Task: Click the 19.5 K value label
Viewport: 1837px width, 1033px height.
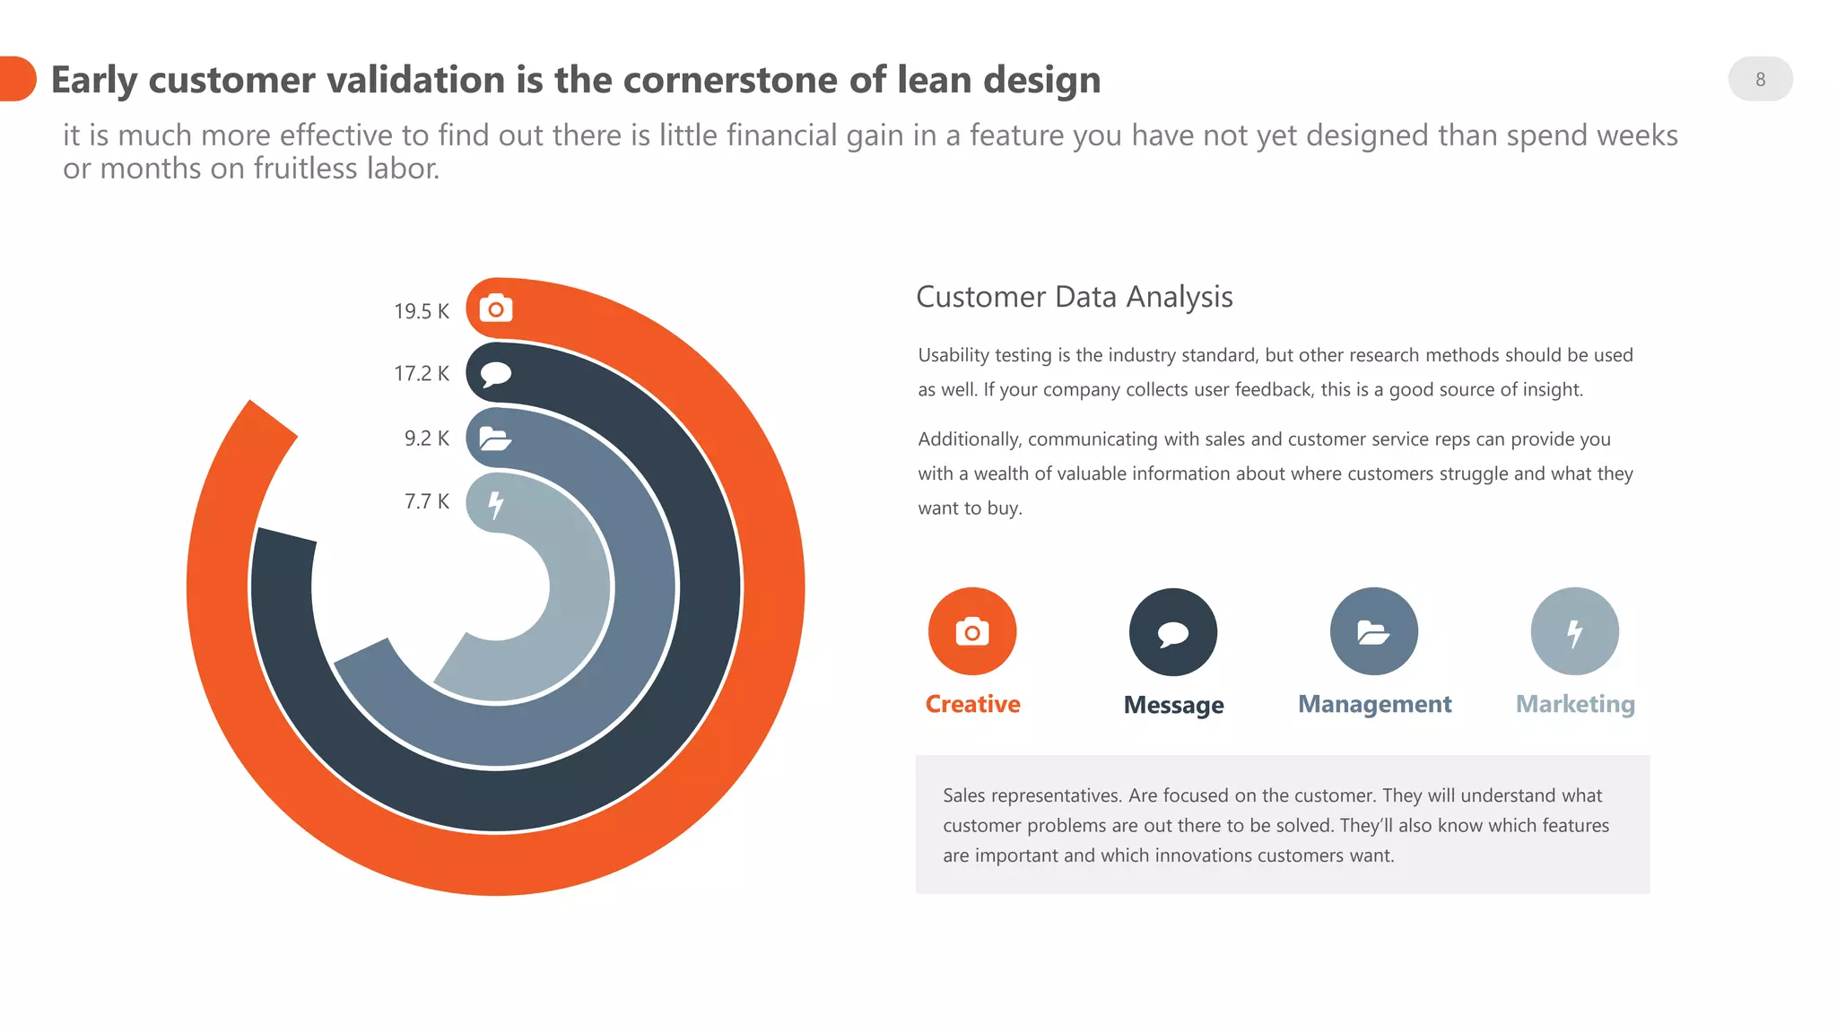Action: [x=421, y=311]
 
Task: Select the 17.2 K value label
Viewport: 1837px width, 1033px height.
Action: [x=421, y=373]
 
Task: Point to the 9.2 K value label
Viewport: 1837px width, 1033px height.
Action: [x=426, y=438]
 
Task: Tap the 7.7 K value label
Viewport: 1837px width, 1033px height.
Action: [x=426, y=501]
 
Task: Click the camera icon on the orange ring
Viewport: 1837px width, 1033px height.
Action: [x=496, y=309]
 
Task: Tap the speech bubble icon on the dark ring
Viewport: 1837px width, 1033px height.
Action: [x=496, y=373]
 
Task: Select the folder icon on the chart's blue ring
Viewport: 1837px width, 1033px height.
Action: [x=495, y=438]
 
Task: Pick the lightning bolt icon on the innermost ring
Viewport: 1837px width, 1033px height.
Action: [x=495, y=504]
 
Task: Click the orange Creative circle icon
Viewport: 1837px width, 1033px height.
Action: [x=972, y=631]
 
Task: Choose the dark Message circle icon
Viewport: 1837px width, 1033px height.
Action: [x=1173, y=632]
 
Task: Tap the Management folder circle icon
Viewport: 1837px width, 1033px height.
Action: [x=1374, y=631]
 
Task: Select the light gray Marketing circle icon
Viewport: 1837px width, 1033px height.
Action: [x=1575, y=631]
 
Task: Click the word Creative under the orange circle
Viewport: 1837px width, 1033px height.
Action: [x=972, y=704]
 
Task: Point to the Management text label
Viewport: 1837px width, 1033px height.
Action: [x=1374, y=704]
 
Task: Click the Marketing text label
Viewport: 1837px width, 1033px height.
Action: [x=1575, y=704]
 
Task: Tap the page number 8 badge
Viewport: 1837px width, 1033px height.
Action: [x=1760, y=79]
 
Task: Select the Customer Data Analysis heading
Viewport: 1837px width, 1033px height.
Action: [x=1075, y=297]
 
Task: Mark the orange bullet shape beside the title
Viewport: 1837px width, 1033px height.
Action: [x=17, y=79]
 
